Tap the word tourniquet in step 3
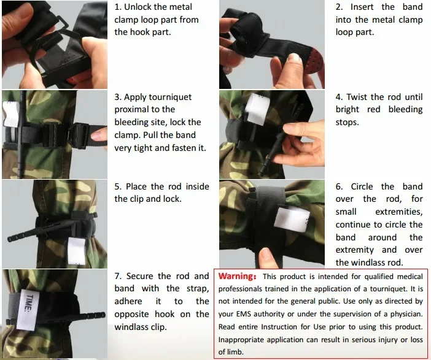170,97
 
